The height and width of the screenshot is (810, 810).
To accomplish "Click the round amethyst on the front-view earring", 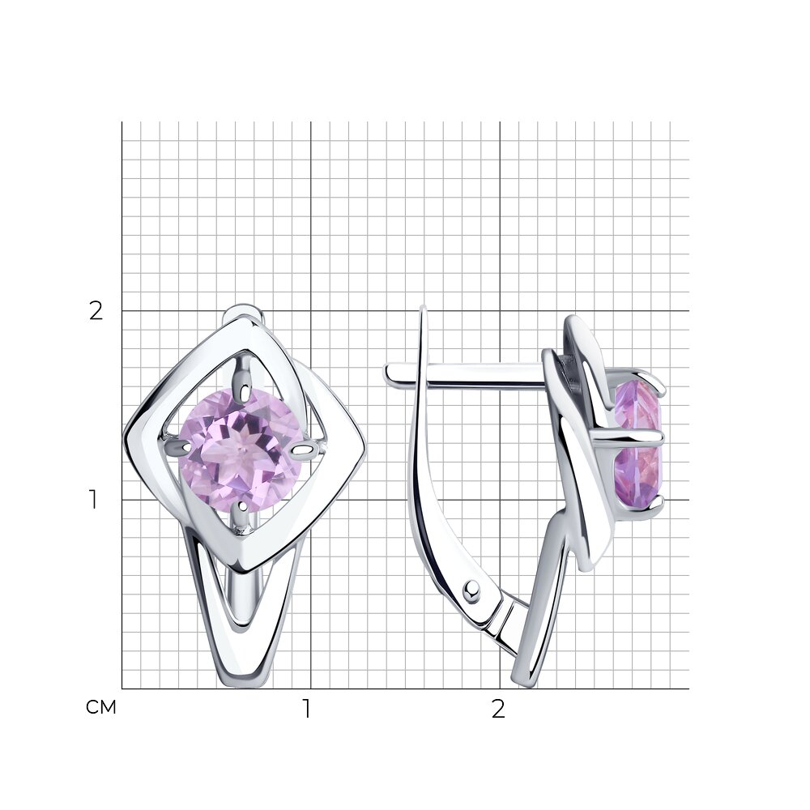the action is pyautogui.click(x=241, y=451).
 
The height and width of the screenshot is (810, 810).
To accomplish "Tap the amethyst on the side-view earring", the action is pyautogui.click(x=639, y=443).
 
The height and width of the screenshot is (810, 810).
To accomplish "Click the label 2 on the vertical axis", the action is pyautogui.click(x=96, y=312).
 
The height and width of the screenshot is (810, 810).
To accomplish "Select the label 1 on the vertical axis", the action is pyautogui.click(x=93, y=500).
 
